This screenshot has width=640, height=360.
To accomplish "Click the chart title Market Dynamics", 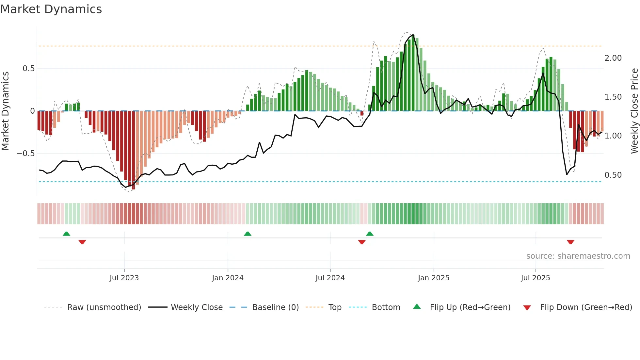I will coord(51,9).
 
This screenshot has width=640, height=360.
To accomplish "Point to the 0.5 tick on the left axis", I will coord(28,69).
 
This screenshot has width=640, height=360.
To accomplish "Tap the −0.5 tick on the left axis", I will coord(26,154).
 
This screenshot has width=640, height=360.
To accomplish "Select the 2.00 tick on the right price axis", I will coord(613,58).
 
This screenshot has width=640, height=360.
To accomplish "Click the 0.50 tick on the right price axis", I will coord(613,175).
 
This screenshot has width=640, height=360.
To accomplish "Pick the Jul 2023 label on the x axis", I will coord(124,278).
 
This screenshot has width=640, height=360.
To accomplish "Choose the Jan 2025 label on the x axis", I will coord(433,278).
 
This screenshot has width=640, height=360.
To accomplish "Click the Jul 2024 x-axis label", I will coord(330,278).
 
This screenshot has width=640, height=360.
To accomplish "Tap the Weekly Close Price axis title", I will coord(634,111).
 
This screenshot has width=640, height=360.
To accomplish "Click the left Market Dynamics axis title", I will coord(5,111).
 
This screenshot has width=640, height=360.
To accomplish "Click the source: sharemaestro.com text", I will coord(578,256).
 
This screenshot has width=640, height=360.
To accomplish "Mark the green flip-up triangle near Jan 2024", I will coord(248,234).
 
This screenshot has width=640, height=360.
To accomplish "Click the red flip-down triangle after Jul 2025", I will coord(570,242).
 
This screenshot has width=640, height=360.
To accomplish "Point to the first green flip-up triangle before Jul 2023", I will coord(66,234).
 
